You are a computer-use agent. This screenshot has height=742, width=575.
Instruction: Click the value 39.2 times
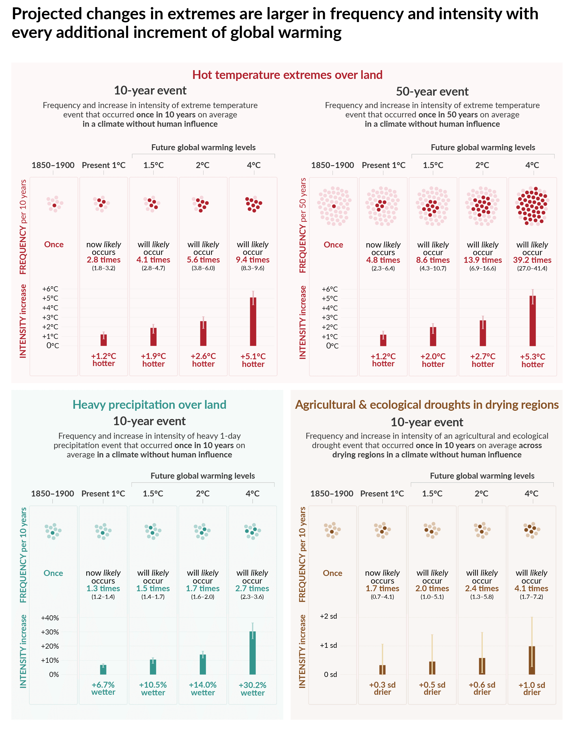(532, 260)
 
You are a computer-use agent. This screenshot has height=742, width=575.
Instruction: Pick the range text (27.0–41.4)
(532, 268)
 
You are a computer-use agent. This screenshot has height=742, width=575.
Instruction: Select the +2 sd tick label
(328, 616)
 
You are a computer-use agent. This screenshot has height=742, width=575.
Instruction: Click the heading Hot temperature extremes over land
(287, 75)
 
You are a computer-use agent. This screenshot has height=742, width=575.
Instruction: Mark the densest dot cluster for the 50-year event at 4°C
(533, 206)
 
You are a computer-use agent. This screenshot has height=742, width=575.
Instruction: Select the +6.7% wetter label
(103, 689)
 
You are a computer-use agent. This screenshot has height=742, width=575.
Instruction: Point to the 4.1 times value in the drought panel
(531, 588)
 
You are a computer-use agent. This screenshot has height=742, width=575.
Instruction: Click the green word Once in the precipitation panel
(53, 573)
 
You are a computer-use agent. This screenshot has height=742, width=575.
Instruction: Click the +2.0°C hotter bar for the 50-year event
(433, 336)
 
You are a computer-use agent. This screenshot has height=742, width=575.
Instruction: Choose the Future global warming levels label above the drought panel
(482, 476)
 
